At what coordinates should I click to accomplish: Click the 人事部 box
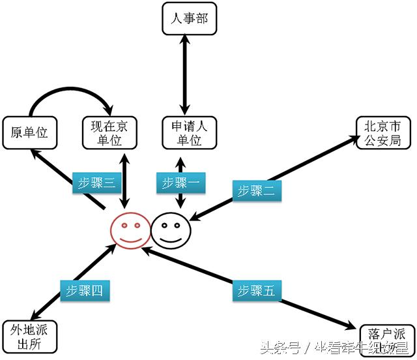click(189, 19)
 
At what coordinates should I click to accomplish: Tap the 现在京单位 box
click(109, 132)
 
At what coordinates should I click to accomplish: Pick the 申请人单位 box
click(190, 132)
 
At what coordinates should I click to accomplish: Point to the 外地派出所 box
click(31, 337)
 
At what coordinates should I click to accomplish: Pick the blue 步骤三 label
click(97, 183)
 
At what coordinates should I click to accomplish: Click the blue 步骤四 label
click(86, 290)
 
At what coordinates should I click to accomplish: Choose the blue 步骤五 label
click(256, 290)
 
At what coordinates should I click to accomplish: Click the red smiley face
click(129, 229)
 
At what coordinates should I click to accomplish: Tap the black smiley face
click(171, 230)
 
